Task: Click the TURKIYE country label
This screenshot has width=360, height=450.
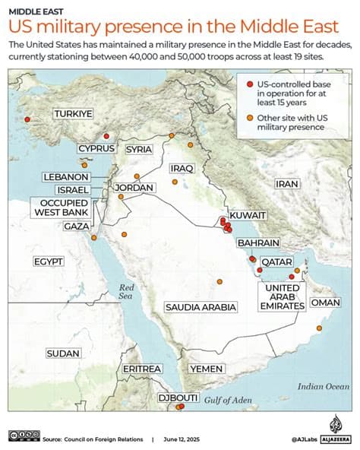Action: (73, 114)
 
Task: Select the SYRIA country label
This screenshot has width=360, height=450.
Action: (139, 149)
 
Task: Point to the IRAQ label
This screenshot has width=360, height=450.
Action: (183, 168)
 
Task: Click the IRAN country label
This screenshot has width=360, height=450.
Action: (287, 184)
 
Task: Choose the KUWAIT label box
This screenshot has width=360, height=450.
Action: (248, 216)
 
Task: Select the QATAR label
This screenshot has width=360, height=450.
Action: (277, 261)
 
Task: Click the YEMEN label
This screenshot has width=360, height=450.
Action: (206, 369)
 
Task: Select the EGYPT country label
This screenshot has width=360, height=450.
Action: (47, 261)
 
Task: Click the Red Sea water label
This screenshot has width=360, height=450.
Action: (126, 292)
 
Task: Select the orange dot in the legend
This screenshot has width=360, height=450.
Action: (249, 118)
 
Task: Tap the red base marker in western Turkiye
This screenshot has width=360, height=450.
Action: (28, 119)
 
